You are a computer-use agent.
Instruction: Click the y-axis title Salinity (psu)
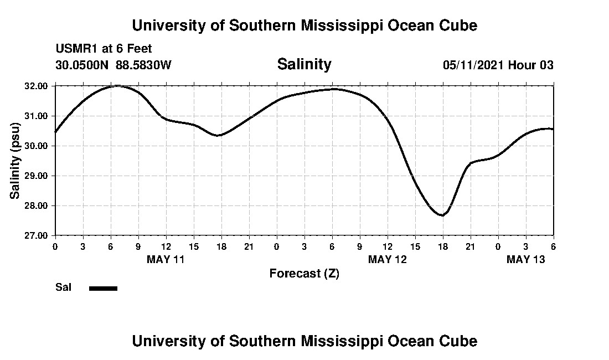point(16,161)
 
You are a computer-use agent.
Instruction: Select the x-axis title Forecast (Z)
point(304,274)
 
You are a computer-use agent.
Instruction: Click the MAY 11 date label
point(166,259)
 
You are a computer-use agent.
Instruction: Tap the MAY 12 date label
point(387,259)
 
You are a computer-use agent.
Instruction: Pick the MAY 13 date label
point(525,259)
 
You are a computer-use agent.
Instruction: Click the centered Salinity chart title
point(304,64)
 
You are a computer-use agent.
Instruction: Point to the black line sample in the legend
point(103,288)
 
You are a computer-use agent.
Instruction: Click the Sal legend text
point(63,287)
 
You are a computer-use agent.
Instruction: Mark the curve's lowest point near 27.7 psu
point(442,215)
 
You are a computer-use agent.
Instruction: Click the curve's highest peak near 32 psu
point(117,86)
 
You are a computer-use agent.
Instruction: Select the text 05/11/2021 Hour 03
point(498,65)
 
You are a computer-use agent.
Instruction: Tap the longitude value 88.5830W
point(143,65)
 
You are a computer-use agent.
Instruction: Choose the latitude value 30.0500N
point(82,65)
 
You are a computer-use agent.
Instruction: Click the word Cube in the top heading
point(460,25)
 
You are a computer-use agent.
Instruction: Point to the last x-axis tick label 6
point(553,246)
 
